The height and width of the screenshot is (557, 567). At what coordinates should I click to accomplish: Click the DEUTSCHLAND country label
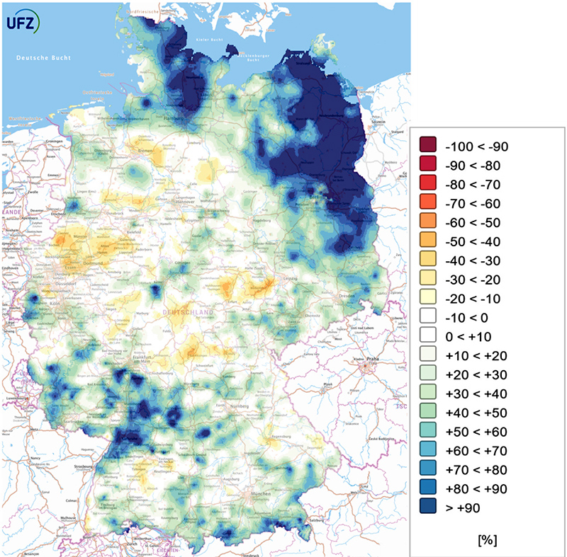(x=184, y=311)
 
